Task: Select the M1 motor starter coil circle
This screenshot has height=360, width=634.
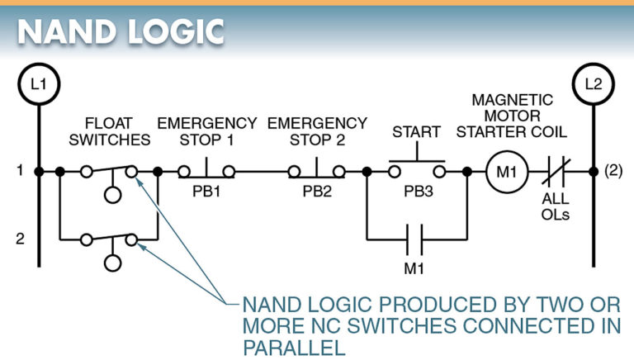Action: (504, 172)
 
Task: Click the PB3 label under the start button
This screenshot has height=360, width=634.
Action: (418, 192)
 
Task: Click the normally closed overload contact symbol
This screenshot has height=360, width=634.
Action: (554, 172)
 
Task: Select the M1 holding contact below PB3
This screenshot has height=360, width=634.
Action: (417, 240)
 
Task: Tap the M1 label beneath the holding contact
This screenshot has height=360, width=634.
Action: (417, 269)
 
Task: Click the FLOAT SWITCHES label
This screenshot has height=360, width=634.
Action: (109, 131)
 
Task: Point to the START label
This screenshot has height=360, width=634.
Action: (417, 131)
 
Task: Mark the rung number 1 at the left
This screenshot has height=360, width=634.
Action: (18, 171)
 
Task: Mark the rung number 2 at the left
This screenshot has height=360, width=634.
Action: (18, 239)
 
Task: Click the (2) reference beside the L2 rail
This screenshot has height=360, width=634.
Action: (613, 171)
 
